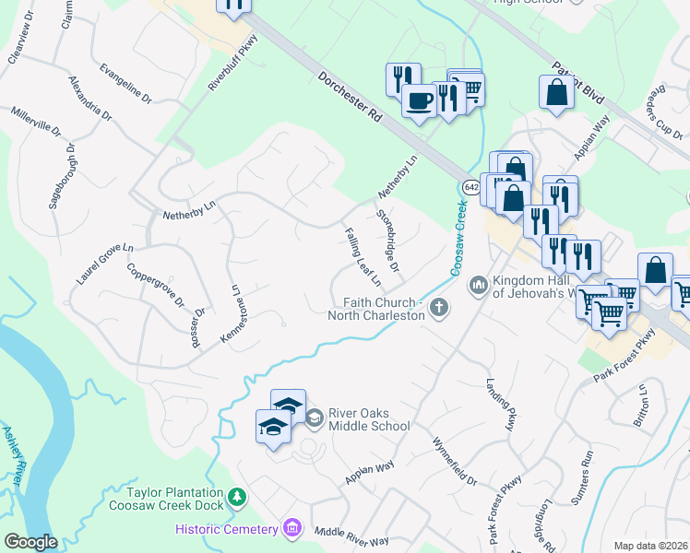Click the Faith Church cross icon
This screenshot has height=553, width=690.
coord(440,309)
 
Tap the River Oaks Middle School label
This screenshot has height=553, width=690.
coord(368,419)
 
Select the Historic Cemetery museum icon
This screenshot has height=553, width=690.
coord(292,528)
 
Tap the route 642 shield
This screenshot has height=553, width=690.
coord(470,187)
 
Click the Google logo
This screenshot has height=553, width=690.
coord(30,542)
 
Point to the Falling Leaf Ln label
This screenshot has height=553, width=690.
coord(362,257)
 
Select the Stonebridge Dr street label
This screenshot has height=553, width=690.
coord(388,242)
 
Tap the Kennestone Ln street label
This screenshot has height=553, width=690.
coord(234,315)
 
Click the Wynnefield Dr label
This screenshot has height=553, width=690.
coord(454,462)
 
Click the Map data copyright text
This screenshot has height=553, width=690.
coord(650,546)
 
